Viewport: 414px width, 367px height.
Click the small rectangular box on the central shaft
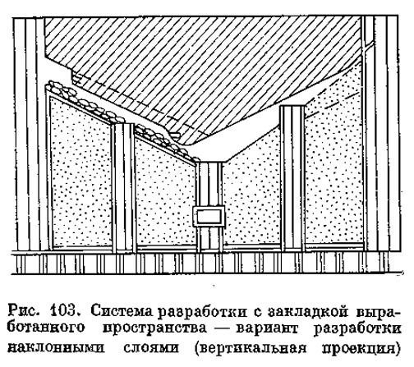[x=209, y=216]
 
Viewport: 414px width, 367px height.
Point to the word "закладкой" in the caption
[x=304, y=311]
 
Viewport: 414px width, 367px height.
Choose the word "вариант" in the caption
[x=267, y=328]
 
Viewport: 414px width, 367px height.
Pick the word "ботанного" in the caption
[x=46, y=328]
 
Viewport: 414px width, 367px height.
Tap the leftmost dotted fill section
[x=80, y=175]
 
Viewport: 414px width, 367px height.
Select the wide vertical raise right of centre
[x=292, y=178]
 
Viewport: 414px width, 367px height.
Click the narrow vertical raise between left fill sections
[x=124, y=188]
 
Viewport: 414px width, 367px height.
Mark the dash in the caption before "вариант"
[x=223, y=328]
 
